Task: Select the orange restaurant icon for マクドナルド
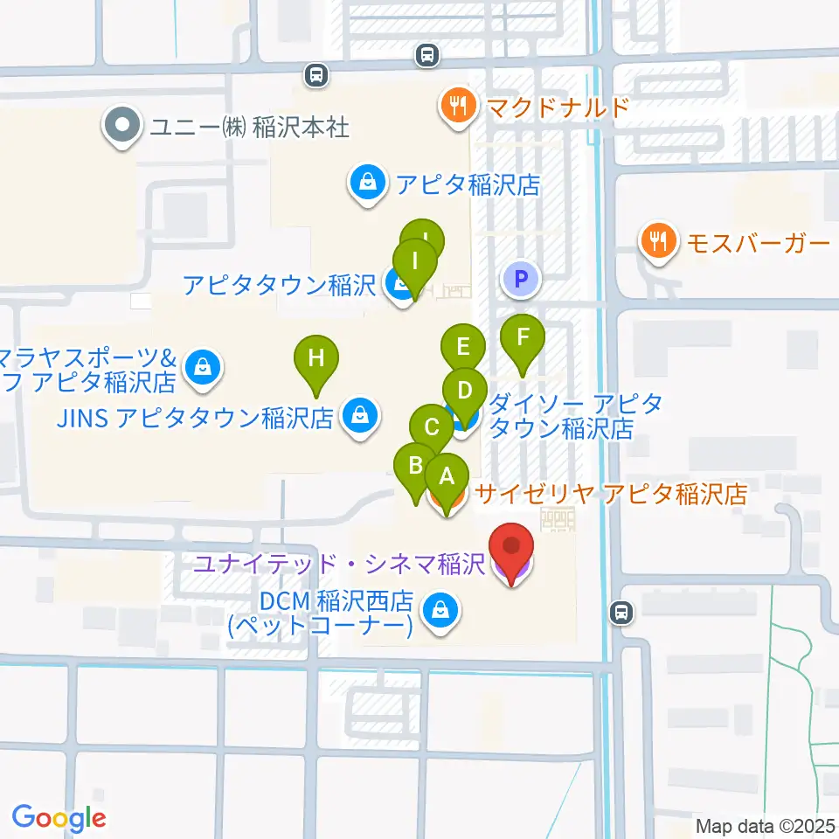pos(457,107)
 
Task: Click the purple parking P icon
pos(521,281)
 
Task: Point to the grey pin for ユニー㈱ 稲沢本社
pos(121,127)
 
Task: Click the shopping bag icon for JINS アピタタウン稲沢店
pos(360,417)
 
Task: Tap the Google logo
pos(59,817)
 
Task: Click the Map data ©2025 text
pos(766,826)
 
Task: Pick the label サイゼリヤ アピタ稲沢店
pos(612,495)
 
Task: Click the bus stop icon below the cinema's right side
pos(621,614)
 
